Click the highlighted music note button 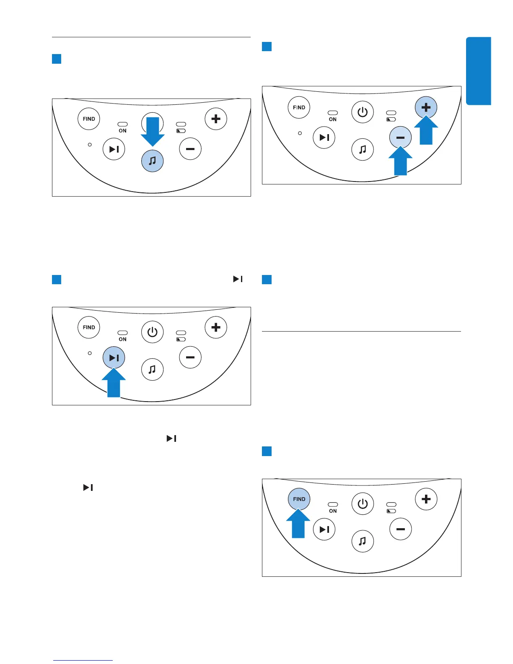point(152,161)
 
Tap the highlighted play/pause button point(114,358)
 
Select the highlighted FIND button point(299,499)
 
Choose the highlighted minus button point(400,137)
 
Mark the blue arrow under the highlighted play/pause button point(114,383)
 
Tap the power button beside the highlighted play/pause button point(152,332)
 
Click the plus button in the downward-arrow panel point(216,119)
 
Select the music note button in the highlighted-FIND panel point(363,541)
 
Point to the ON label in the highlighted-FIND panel point(333,511)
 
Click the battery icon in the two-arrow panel point(391,119)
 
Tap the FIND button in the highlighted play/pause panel point(89,327)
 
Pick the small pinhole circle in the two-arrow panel point(300,133)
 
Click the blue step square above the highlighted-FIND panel point(267,451)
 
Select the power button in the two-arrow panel point(363,112)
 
